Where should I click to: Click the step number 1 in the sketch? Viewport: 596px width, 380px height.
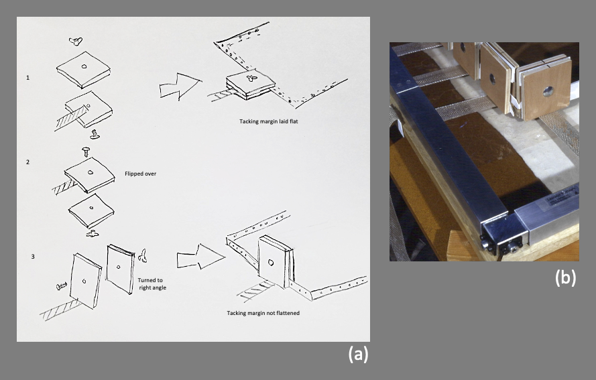[27, 78]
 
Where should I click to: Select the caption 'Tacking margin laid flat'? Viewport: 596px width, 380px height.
[267, 121]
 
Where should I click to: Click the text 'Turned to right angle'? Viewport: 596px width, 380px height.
[156, 283]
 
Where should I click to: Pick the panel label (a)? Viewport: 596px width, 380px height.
[357, 354]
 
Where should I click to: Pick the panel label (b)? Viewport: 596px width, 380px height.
[565, 277]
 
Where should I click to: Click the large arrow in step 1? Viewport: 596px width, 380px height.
[180, 87]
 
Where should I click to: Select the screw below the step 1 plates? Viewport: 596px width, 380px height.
[95, 133]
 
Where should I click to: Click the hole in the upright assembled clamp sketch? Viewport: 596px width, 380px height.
[270, 263]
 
